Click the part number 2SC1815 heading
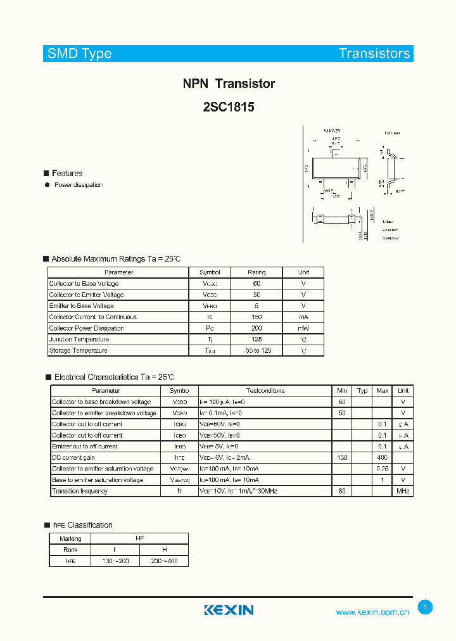point(229,107)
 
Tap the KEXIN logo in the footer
point(229,610)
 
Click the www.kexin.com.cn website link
point(372,612)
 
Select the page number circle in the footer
point(426,607)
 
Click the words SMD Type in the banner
point(79,54)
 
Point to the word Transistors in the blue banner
point(374,54)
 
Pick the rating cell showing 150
point(256,317)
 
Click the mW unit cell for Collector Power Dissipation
point(303,328)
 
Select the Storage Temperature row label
point(78,350)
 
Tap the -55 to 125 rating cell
point(256,350)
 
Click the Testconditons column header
point(265,391)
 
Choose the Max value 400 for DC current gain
point(382,457)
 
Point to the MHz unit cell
point(403,491)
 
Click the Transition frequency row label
point(80,491)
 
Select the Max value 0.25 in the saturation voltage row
point(382,469)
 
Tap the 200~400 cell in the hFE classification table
point(164,561)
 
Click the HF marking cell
point(140,538)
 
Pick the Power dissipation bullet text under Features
point(79,185)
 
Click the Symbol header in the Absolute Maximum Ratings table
point(210,272)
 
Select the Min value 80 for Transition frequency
point(342,491)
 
